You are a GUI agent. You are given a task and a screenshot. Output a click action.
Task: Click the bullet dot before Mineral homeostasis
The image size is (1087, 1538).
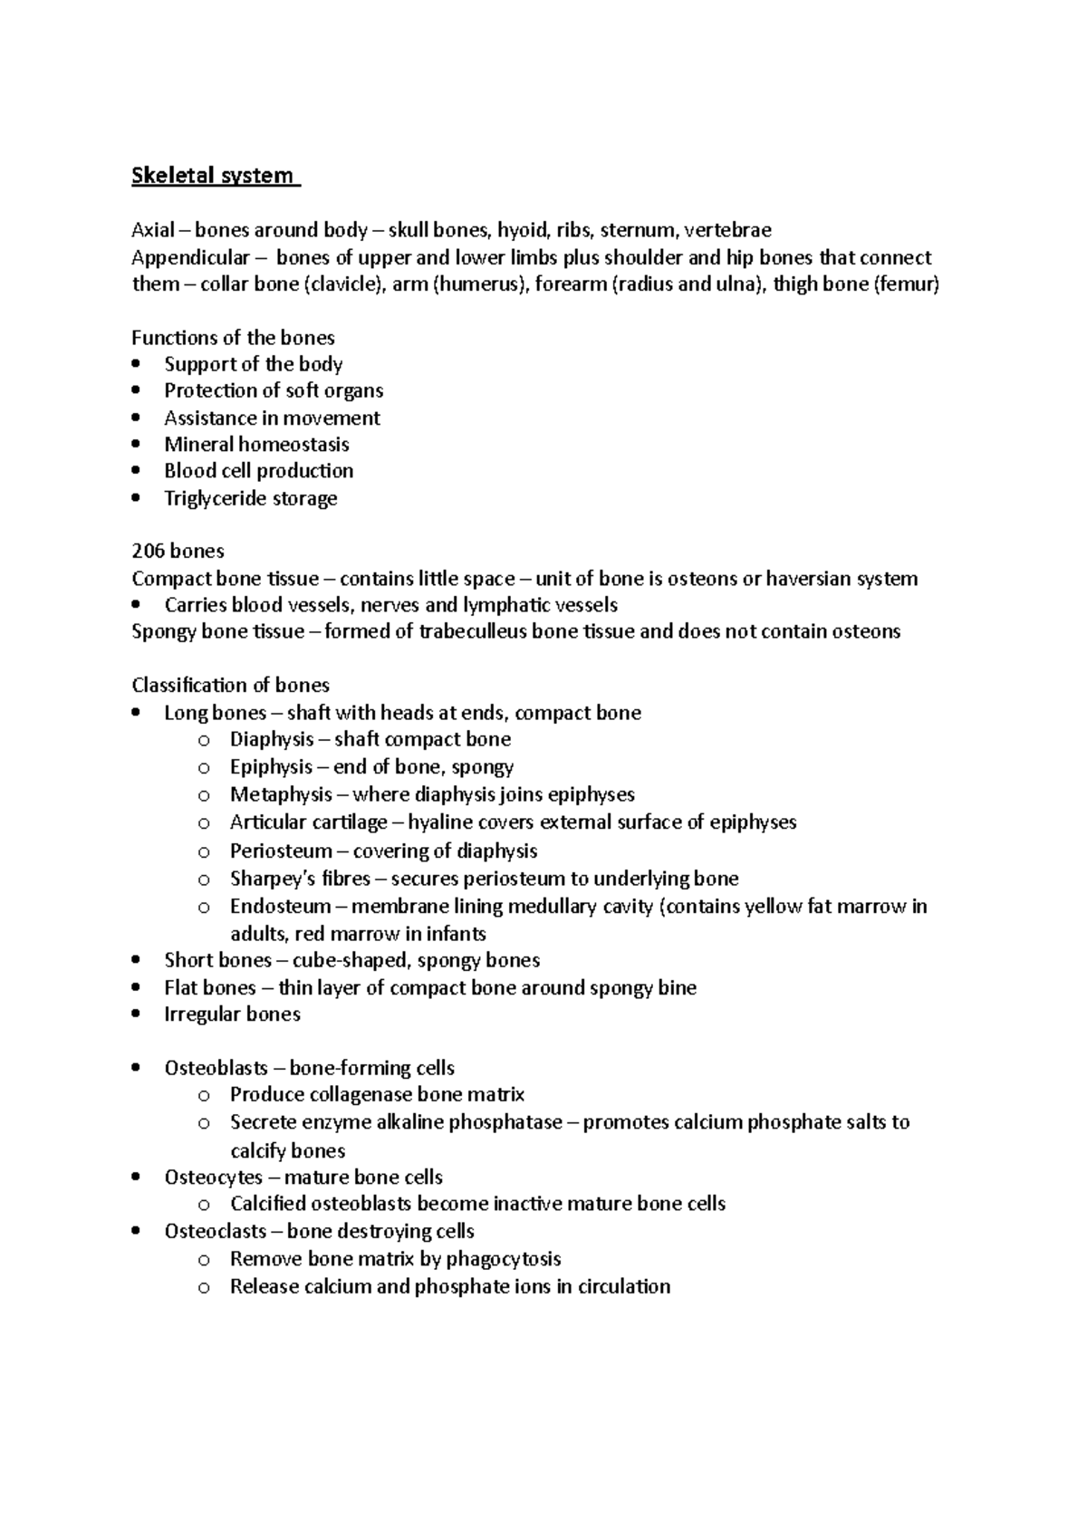pos(136,445)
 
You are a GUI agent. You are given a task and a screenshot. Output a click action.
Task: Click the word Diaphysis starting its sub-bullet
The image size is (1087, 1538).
pos(272,739)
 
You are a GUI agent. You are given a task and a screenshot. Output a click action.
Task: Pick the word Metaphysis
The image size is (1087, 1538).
pos(281,794)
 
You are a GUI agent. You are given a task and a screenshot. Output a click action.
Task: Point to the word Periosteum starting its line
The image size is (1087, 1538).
pos(281,851)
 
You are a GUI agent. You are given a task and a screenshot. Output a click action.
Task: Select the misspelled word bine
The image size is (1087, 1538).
pos(678,987)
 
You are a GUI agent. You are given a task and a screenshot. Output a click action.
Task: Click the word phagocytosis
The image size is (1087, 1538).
pos(505,1259)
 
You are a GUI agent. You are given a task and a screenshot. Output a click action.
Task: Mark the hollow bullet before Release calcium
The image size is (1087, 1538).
pos(204,1287)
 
